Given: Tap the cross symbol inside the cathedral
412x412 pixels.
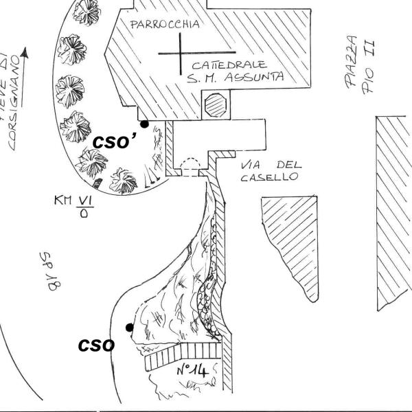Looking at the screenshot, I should pos(181,53).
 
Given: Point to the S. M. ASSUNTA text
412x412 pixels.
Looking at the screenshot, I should pos(235,78).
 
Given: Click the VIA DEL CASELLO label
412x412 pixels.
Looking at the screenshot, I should pos(269,171).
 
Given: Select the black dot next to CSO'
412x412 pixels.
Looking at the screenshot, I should pos(144,124).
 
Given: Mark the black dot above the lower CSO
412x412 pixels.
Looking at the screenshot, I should pos(129,328).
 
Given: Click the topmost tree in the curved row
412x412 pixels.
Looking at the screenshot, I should pos(85,10).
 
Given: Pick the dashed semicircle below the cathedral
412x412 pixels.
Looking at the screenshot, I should pos(187,165).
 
